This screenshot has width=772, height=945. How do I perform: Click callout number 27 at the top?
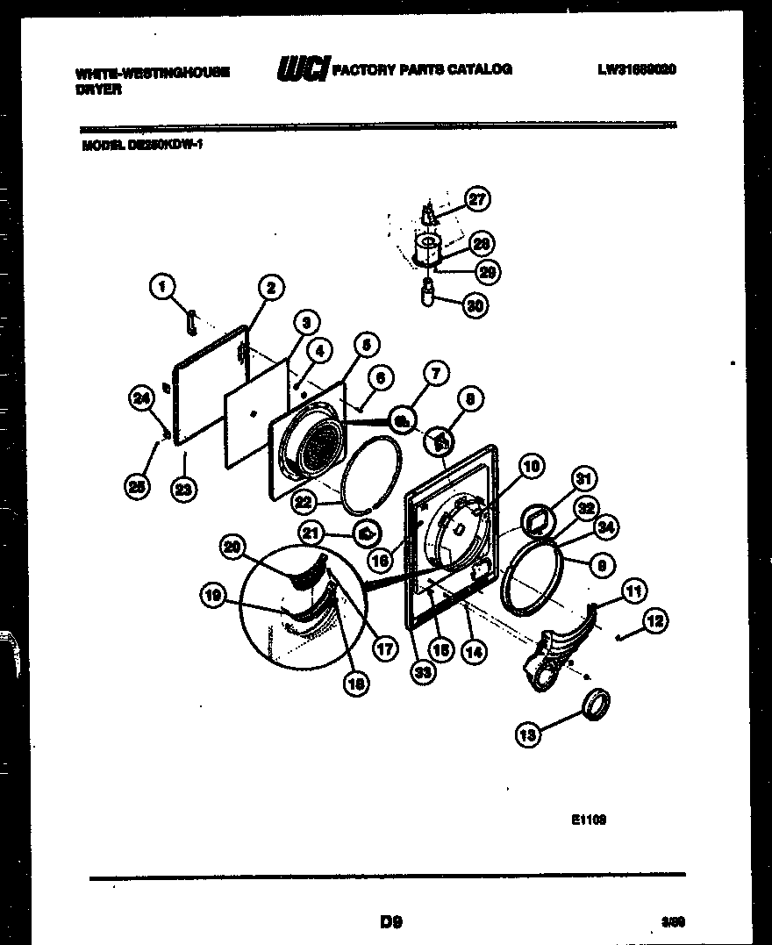476,199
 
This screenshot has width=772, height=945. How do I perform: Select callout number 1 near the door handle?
161,285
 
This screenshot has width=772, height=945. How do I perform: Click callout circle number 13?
527,735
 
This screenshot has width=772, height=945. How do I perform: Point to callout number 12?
654,621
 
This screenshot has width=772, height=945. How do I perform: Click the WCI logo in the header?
302,68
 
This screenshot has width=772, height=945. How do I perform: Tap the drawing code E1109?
589,820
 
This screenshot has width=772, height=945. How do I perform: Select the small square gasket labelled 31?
536,521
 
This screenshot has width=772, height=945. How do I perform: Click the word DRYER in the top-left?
98,89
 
